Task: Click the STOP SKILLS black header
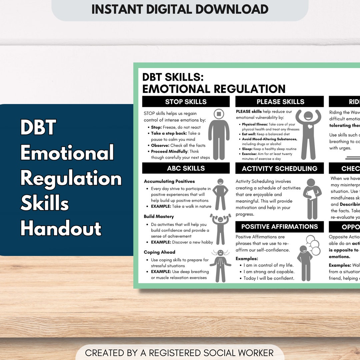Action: click(x=186, y=102)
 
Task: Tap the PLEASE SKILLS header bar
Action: click(x=280, y=102)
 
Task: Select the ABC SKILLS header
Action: click(x=186, y=168)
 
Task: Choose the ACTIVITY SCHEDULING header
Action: click(x=279, y=168)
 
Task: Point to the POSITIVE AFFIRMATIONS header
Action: click(x=279, y=227)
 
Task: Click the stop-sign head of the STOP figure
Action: click(x=219, y=114)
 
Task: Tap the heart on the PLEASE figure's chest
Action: click(x=310, y=127)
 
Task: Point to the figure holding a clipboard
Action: click(x=312, y=198)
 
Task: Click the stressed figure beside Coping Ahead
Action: click(x=220, y=262)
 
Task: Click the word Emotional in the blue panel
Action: click(x=67, y=153)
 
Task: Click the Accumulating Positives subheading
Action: click(x=169, y=181)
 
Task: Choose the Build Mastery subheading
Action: click(x=159, y=216)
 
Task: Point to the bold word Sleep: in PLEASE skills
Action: click(x=247, y=149)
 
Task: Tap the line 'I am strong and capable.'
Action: click(x=269, y=272)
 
